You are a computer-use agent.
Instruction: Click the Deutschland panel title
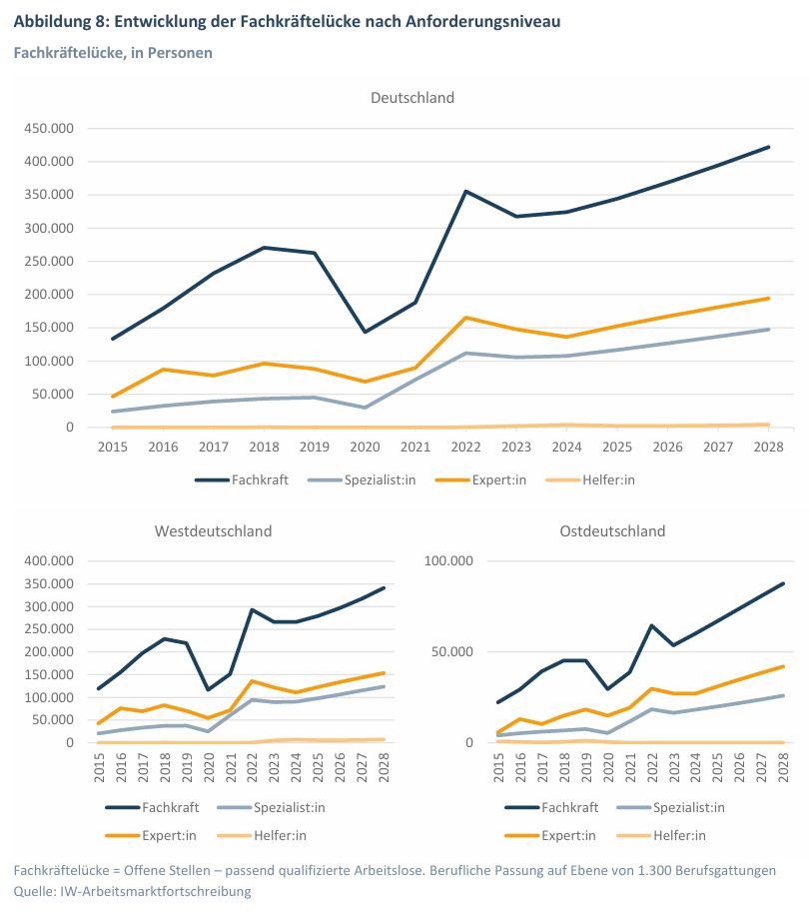click(412, 97)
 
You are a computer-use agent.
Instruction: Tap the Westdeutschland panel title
click(213, 531)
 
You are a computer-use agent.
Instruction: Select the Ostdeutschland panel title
click(612, 531)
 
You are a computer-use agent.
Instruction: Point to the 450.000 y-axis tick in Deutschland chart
click(49, 128)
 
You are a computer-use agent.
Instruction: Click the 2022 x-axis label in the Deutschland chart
click(465, 448)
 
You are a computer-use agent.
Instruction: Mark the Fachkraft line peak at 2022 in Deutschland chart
click(465, 191)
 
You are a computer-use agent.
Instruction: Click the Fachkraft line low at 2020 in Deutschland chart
click(365, 333)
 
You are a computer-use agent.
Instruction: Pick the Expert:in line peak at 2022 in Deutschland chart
click(465, 318)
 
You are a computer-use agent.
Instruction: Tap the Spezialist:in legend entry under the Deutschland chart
click(362, 479)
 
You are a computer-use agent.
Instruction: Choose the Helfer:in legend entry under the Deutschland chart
click(590, 479)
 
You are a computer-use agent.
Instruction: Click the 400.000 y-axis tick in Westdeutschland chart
click(49, 560)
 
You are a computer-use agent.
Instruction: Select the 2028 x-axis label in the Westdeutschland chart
click(384, 767)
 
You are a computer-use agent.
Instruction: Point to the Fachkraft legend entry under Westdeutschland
click(152, 807)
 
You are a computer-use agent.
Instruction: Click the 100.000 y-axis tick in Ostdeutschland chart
click(448, 560)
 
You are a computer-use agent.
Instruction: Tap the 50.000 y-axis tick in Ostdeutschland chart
click(452, 651)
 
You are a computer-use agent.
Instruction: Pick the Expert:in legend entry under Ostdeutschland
click(550, 835)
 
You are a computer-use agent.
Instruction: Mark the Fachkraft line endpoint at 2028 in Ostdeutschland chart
click(783, 583)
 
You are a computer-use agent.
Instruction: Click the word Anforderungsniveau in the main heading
click(483, 22)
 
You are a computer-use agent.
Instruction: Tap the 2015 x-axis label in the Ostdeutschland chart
click(498, 767)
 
